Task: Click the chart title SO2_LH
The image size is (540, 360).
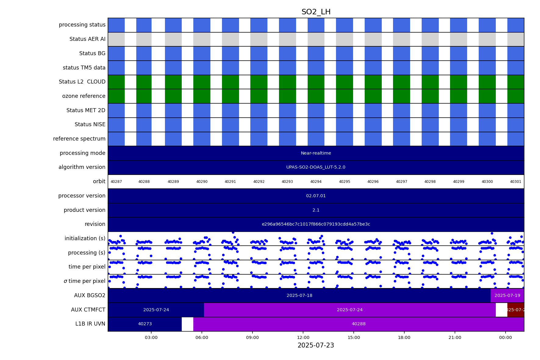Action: (316, 12)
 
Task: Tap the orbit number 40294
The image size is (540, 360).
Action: (316, 182)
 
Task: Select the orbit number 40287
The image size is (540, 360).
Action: (116, 182)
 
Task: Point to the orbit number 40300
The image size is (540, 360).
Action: (487, 182)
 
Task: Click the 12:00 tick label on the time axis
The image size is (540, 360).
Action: (303, 337)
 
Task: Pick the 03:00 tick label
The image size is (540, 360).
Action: (151, 337)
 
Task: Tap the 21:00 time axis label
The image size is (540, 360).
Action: (455, 337)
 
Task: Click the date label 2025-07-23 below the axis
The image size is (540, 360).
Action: (316, 345)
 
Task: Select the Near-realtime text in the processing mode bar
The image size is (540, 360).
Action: (316, 153)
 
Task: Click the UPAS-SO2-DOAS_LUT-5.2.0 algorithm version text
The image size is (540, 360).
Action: (316, 167)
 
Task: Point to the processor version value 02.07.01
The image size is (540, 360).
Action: (316, 196)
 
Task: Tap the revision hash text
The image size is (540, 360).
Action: (316, 224)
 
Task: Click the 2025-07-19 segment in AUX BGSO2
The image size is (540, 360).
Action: (507, 296)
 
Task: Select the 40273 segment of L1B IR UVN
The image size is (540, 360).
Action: (145, 324)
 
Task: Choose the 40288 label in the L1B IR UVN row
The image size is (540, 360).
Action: (359, 324)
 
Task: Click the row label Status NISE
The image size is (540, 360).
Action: (90, 125)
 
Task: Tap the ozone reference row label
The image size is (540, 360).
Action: (84, 96)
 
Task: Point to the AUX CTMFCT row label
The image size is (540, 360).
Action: (88, 310)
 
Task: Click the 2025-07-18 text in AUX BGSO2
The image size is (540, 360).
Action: (299, 296)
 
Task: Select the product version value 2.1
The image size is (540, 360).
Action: (316, 210)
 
